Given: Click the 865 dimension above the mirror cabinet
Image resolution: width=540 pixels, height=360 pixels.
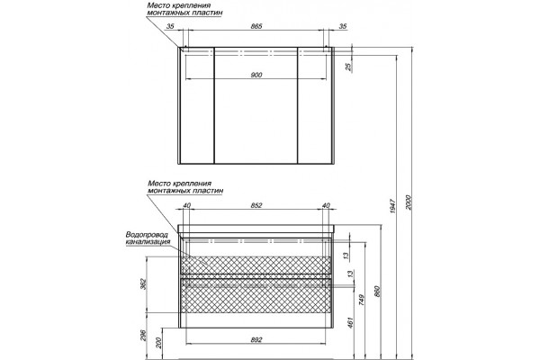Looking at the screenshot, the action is tap(256, 26).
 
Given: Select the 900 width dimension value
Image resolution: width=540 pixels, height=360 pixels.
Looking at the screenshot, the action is tap(256, 75).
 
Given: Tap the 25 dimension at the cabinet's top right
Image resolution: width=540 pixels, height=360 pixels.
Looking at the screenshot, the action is tap(349, 67).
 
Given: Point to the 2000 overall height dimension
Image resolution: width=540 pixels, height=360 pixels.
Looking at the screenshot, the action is tap(409, 202).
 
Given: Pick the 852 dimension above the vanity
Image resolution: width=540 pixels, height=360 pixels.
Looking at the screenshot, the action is tap(256, 205).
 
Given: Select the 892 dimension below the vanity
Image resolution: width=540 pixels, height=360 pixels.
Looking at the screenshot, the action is tap(256, 339).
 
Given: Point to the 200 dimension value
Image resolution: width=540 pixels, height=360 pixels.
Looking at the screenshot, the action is tap(158, 343).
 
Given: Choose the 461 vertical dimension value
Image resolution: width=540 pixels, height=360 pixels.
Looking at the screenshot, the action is tap(351, 323).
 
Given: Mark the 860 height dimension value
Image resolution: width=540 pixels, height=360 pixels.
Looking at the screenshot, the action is tap(377, 292).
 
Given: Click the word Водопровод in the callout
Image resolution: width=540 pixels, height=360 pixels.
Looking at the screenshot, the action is tap(147, 234).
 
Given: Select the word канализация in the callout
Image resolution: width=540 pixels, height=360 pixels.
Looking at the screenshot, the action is tap(148, 241).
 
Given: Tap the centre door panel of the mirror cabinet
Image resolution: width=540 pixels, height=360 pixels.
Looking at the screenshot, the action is tap(256, 105).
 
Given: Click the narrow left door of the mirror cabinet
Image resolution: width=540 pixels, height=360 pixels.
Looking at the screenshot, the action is tap(198, 105).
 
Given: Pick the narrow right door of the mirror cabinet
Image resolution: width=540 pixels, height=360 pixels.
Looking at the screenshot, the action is tap(314, 105).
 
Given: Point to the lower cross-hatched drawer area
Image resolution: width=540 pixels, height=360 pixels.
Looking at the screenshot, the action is tap(256, 295).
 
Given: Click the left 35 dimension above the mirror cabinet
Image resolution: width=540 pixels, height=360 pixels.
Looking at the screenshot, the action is tap(170, 26).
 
